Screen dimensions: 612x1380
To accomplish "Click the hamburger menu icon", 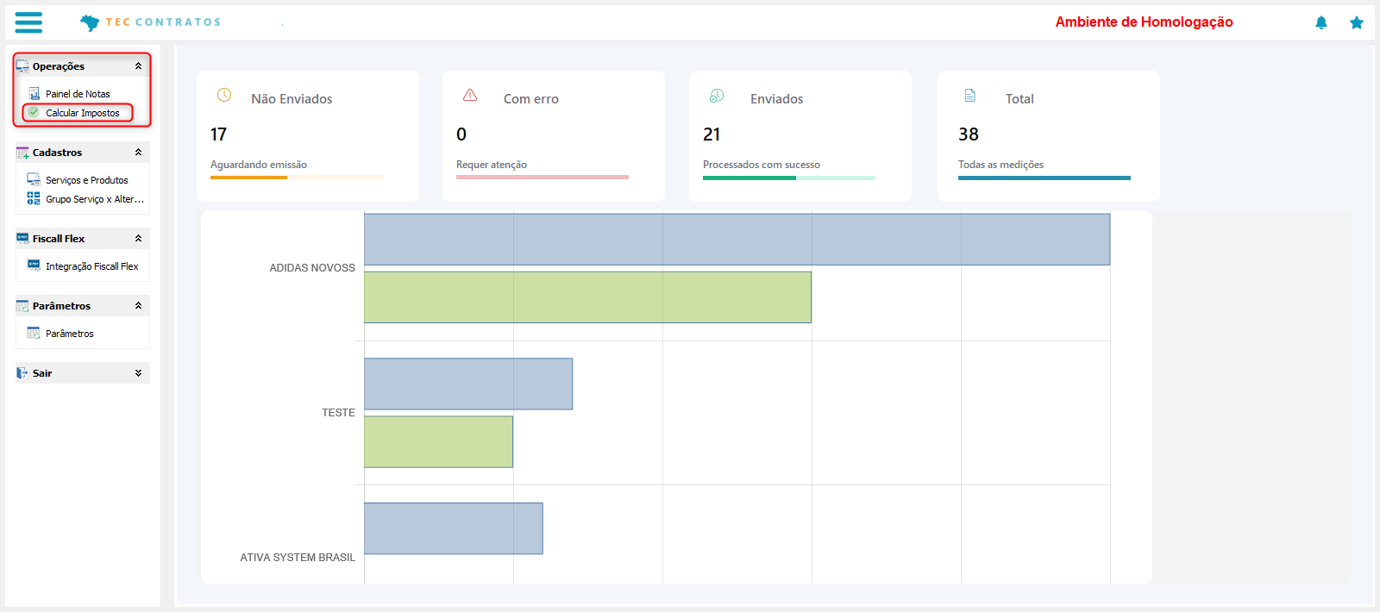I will coord(28,22).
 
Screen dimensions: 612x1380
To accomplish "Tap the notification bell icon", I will coord(1320,22).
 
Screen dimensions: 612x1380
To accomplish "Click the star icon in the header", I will coord(1356,22).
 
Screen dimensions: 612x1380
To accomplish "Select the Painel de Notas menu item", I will coord(78,94).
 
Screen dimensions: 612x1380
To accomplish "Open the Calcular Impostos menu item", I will coord(82,113).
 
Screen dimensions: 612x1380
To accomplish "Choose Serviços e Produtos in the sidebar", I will coord(86,180).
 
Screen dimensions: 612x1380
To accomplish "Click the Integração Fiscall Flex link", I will coord(91,266).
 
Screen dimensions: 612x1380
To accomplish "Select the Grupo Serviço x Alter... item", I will coord(94,199).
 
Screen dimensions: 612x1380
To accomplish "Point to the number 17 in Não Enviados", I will coord(218,134).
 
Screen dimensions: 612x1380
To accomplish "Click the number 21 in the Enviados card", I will coord(712,134).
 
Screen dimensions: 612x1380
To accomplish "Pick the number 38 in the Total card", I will coord(969,134).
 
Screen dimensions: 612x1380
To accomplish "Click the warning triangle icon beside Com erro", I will coord(470,95).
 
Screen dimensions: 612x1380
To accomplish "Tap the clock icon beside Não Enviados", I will coord(224,95).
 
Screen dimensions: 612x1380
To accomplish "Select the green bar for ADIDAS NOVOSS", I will coord(587,297).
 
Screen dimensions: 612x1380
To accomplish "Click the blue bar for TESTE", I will coord(467,384).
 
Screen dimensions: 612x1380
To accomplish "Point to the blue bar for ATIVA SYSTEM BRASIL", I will coord(453,528).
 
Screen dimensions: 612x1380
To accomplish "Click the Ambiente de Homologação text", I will coord(1144,22).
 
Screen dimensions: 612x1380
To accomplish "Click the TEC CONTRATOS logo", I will coord(151,22).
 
